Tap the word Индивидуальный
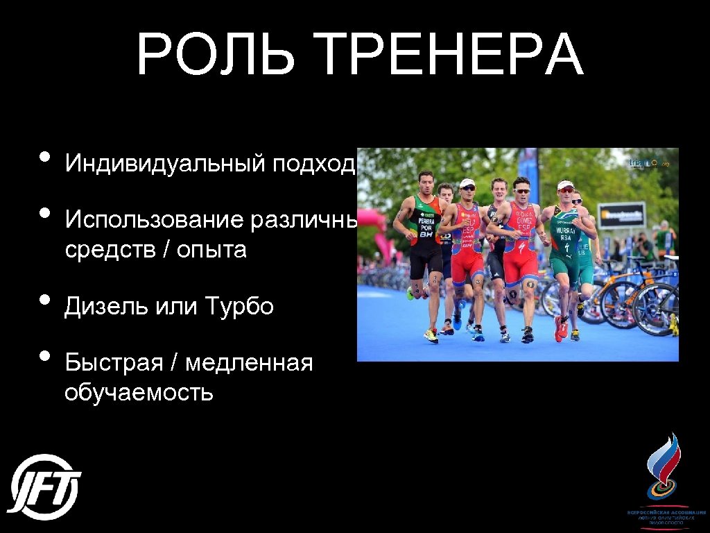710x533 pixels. pyautogui.click(x=164, y=164)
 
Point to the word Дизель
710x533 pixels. pyautogui.click(x=103, y=306)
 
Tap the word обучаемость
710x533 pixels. pyautogui.click(x=139, y=393)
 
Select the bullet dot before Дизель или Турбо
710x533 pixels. pyautogui.click(x=46, y=300)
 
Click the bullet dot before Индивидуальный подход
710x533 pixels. pyautogui.click(x=46, y=157)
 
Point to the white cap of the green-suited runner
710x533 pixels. pyautogui.click(x=565, y=185)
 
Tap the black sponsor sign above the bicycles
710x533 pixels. pyautogui.click(x=621, y=215)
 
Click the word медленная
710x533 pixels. pyautogui.click(x=250, y=363)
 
